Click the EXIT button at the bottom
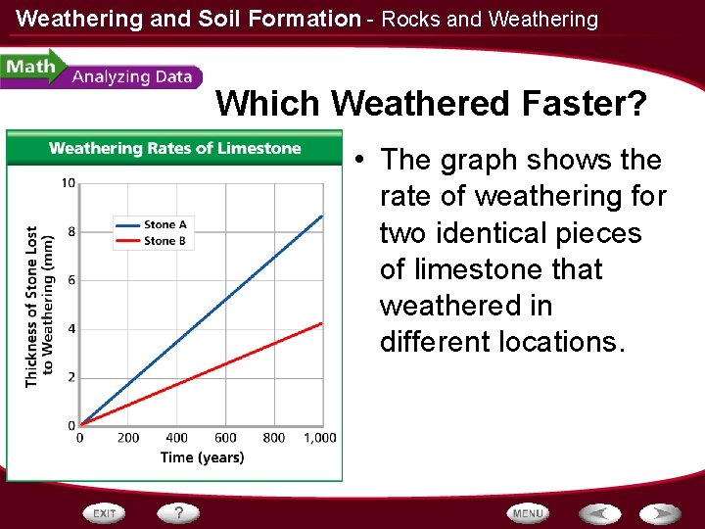(x=106, y=513)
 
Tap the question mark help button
(x=179, y=512)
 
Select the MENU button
(x=528, y=513)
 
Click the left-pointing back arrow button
(x=598, y=513)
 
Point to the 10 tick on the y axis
(x=69, y=183)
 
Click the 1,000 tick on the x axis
(x=319, y=438)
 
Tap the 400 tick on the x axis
(x=177, y=438)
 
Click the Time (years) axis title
(x=202, y=457)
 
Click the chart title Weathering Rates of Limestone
(x=174, y=149)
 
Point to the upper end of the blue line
(x=322, y=216)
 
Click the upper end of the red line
(x=322, y=323)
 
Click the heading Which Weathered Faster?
(x=431, y=103)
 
